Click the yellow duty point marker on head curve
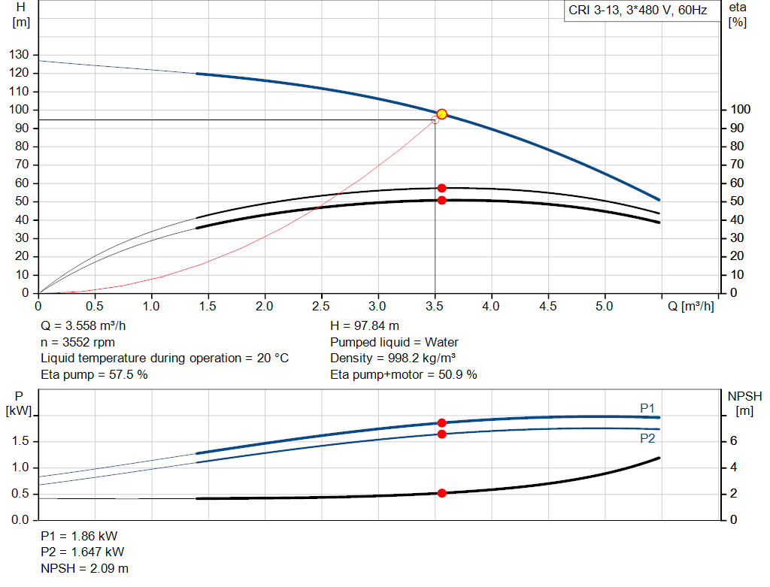point(442,114)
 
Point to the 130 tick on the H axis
point(20,55)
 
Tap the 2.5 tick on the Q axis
point(322,306)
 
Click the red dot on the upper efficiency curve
point(441,188)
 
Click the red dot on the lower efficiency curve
point(441,200)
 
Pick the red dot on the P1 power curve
point(441,423)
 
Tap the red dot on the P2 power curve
point(441,434)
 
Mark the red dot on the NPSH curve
point(441,493)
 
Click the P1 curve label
point(647,408)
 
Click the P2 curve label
point(647,438)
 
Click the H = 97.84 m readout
point(365,326)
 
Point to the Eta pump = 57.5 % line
point(94,374)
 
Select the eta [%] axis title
point(738,14)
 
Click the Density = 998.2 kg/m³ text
point(393,358)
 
